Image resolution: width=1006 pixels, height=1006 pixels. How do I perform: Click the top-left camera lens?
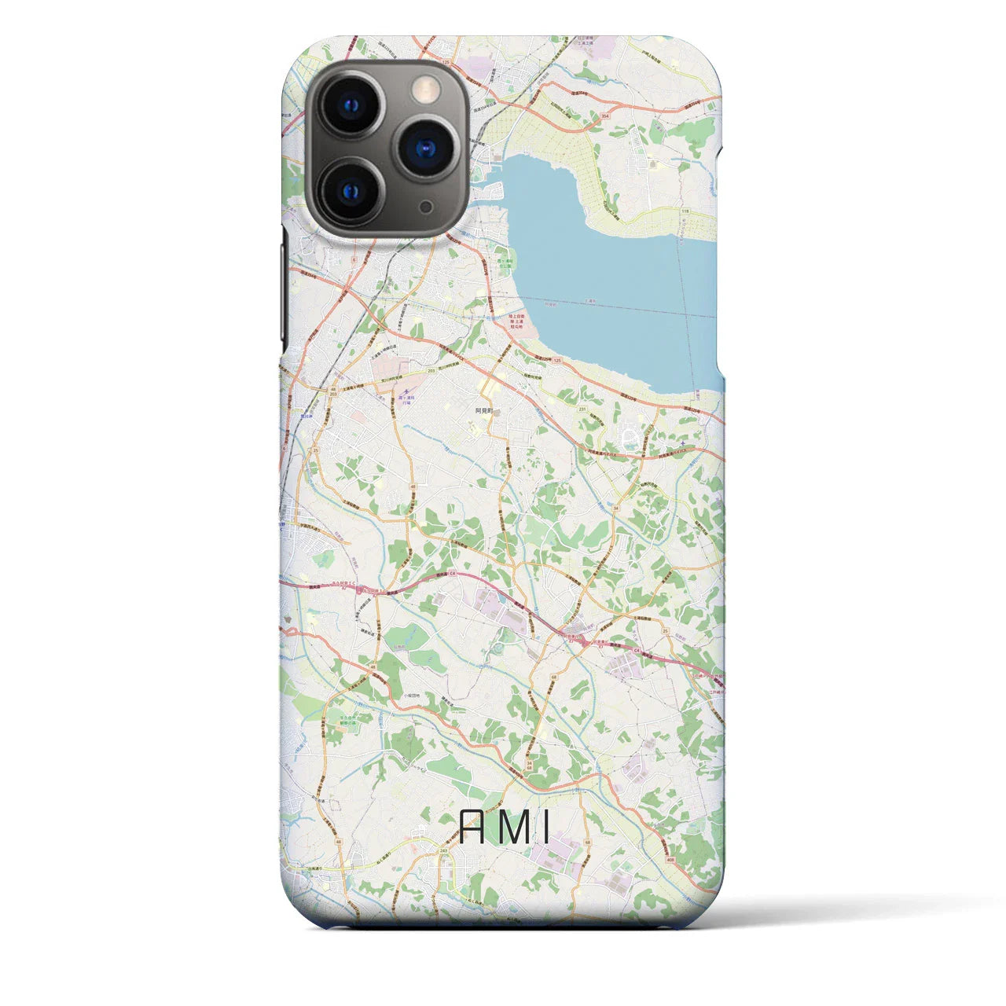point(351,105)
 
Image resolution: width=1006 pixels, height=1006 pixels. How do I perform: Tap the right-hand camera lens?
point(426,148)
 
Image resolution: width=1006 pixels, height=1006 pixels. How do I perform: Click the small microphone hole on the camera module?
point(426,207)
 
